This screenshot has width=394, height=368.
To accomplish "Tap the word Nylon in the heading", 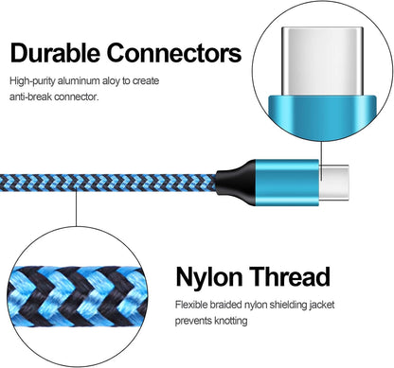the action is point(214,278).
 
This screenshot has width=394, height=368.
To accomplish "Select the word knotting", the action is point(232,321).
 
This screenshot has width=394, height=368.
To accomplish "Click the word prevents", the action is point(194,321).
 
